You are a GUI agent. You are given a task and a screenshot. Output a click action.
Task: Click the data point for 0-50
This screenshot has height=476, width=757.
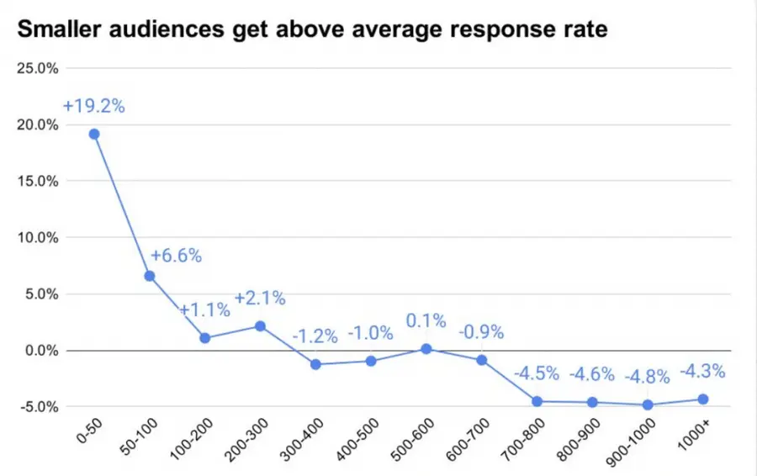click(94, 134)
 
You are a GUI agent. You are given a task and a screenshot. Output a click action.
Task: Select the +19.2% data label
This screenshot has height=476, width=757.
click(93, 107)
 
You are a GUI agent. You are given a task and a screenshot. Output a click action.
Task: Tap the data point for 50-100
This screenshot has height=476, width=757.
click(150, 276)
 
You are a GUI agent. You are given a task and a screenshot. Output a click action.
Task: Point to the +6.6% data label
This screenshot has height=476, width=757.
click(176, 256)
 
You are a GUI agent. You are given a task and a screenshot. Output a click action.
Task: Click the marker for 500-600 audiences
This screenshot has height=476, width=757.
click(426, 348)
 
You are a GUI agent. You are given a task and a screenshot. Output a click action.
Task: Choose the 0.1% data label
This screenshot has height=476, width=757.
click(426, 322)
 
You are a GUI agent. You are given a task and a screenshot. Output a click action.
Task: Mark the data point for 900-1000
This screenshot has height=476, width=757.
click(648, 405)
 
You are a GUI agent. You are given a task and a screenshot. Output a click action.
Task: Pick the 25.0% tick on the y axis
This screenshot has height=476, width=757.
click(37, 68)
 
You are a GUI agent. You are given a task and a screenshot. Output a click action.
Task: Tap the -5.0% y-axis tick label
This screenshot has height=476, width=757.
click(38, 406)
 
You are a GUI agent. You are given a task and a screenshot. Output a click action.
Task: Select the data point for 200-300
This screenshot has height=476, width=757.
click(260, 325)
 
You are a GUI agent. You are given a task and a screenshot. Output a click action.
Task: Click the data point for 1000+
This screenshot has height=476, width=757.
click(703, 399)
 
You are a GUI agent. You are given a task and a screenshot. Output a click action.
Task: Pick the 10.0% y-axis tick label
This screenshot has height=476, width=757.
click(37, 237)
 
